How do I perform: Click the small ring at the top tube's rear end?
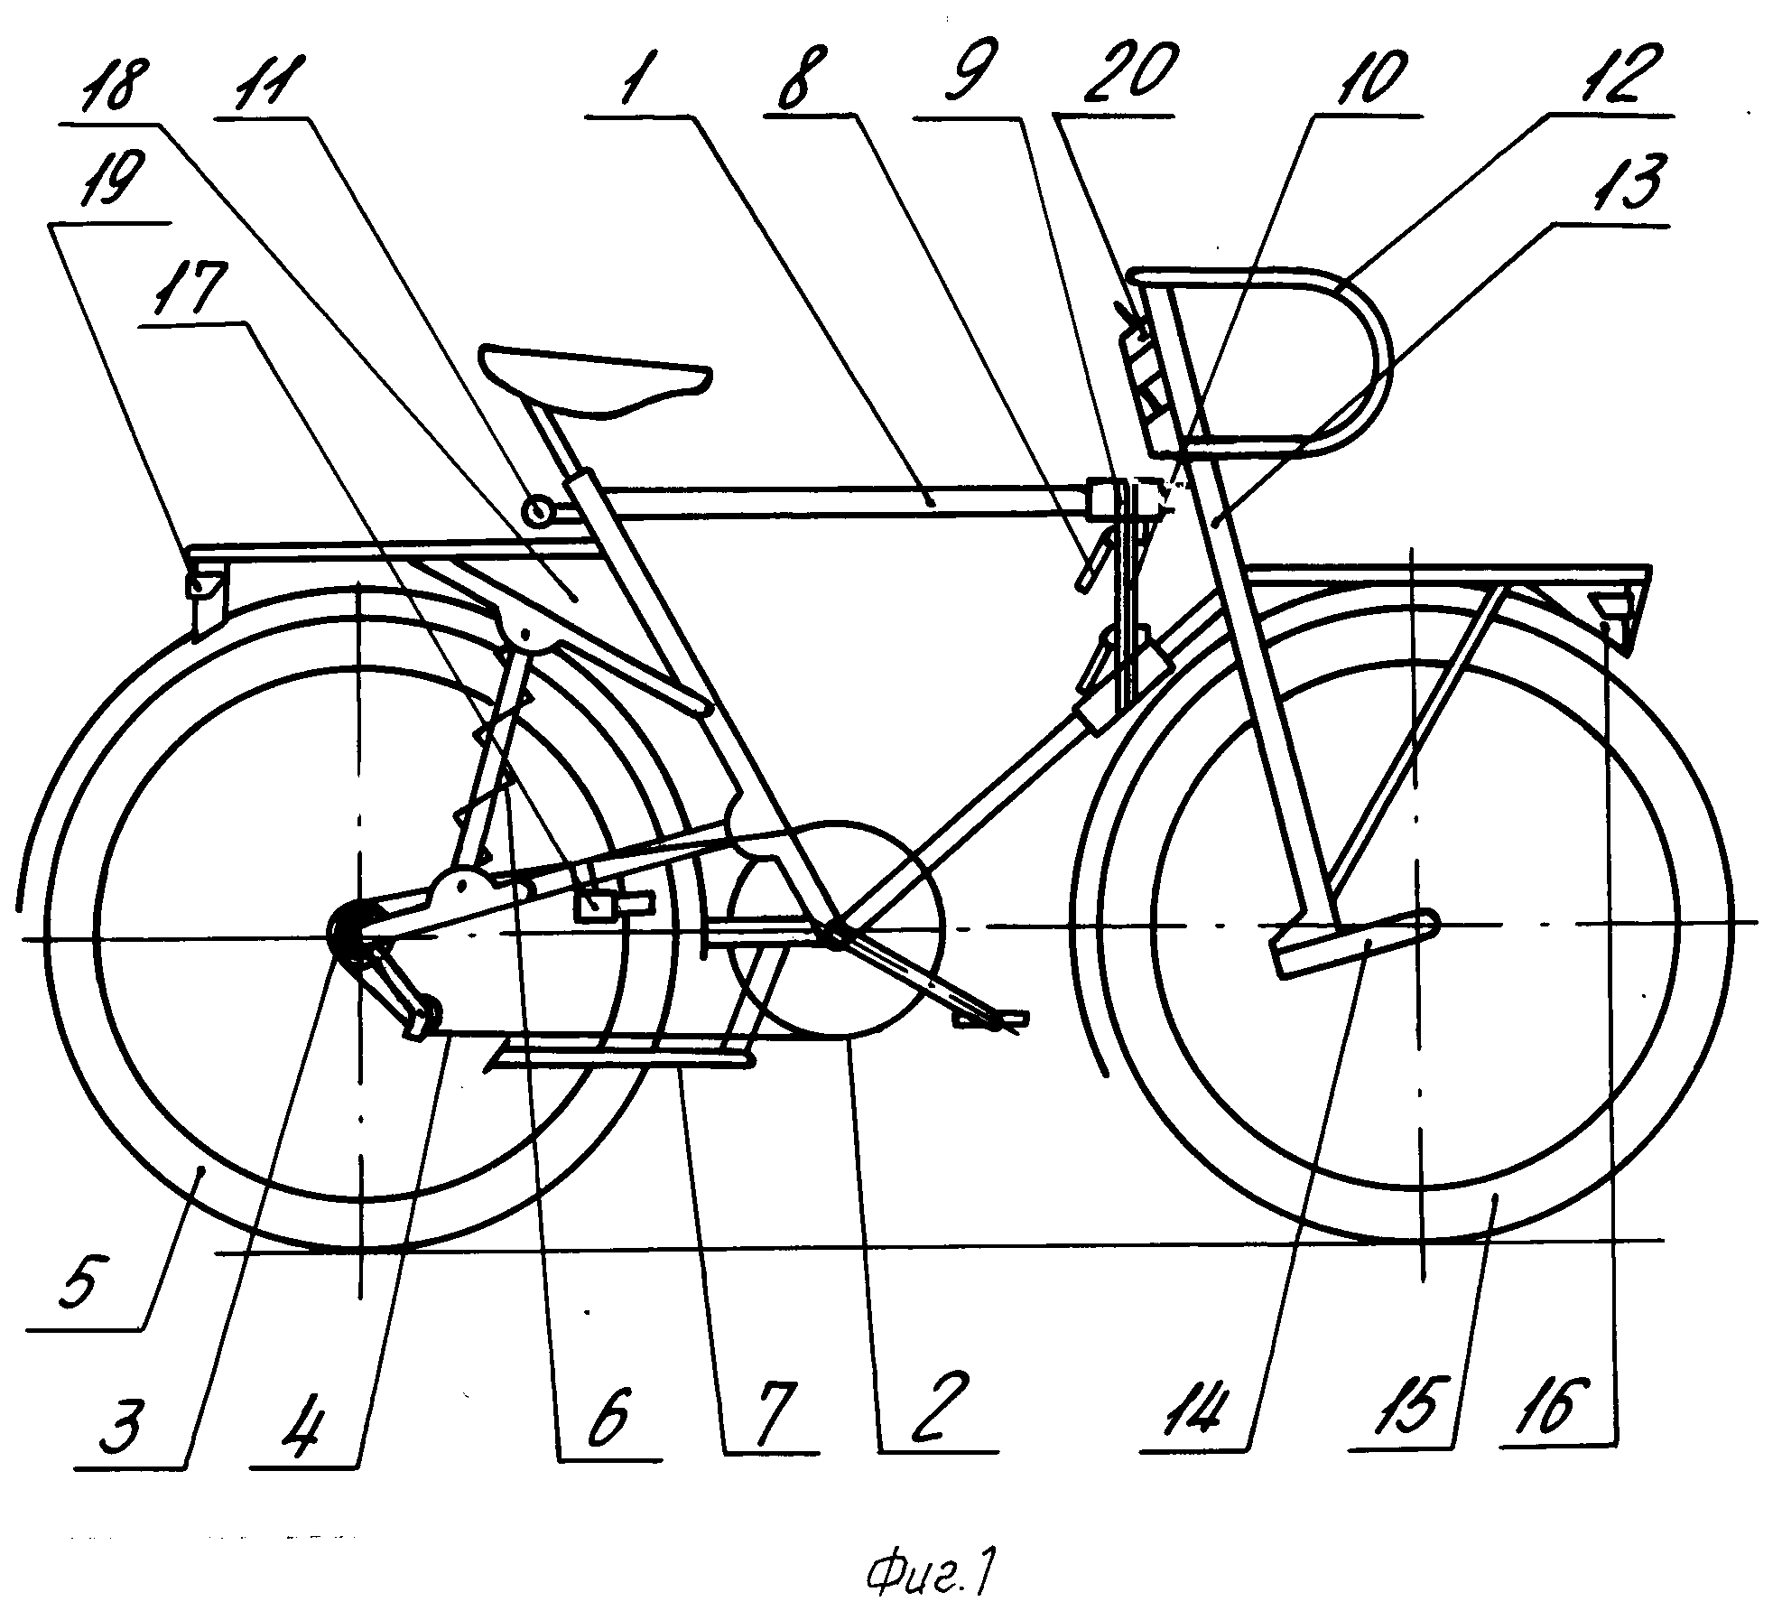point(539,511)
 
